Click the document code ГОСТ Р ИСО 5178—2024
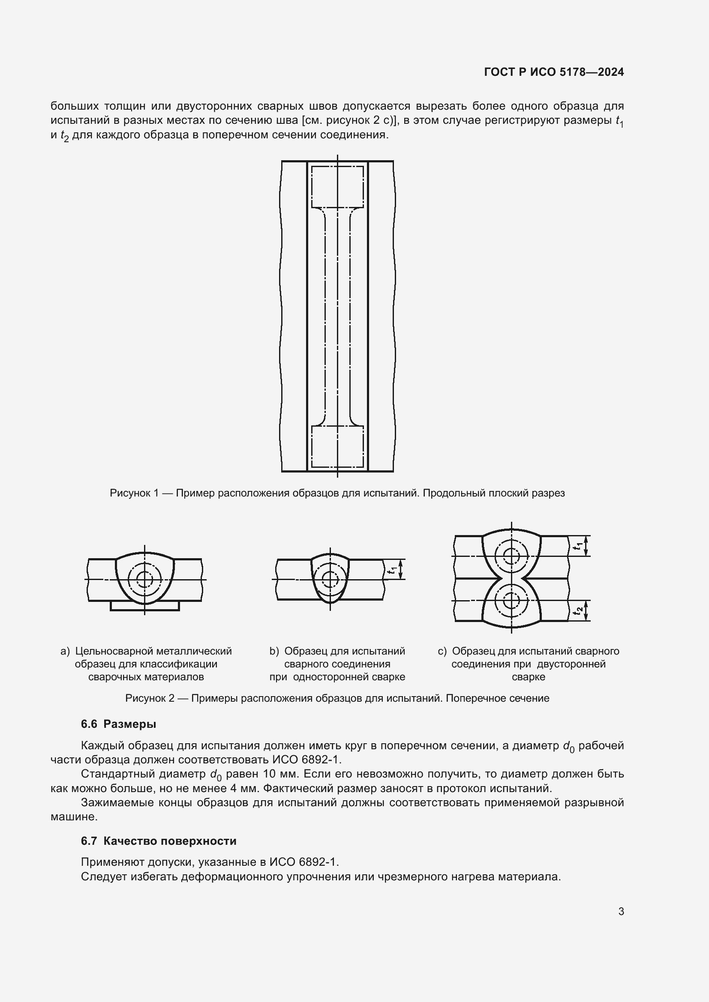[x=553, y=72]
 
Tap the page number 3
[x=621, y=911]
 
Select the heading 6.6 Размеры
[x=118, y=724]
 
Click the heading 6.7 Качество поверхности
[x=159, y=841]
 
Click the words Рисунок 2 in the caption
[x=150, y=698]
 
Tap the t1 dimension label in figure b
[x=394, y=569]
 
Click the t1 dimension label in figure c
[x=578, y=545]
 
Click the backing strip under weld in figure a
[x=144, y=606]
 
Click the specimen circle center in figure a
[x=144, y=579]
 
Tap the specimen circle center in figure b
[x=330, y=579]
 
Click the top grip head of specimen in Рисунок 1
[x=337, y=187]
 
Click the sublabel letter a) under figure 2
[x=65, y=651]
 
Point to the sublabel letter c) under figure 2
[x=442, y=651]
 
